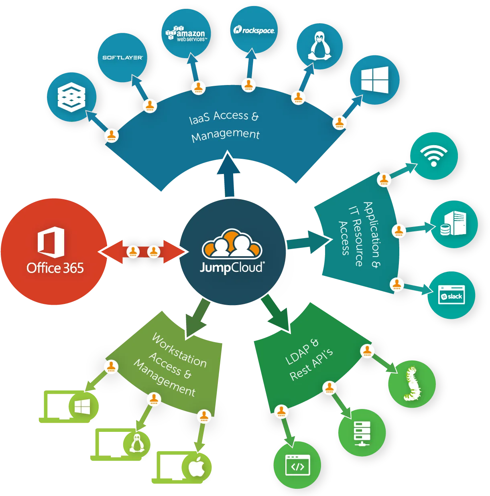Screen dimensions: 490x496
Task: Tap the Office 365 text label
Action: tap(55, 268)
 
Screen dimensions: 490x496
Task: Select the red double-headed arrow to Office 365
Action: tap(143, 252)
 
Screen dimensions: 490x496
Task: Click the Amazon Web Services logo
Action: tap(186, 33)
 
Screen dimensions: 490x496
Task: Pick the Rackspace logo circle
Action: tap(254, 30)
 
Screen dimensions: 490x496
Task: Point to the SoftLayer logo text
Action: tap(123, 57)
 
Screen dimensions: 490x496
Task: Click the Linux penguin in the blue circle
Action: tap(319, 46)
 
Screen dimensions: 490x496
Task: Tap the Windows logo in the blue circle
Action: tap(374, 80)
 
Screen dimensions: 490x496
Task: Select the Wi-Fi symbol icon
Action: tap(433, 156)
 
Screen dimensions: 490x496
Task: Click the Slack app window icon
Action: tap(451, 295)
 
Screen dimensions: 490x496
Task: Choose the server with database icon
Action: tap(453, 223)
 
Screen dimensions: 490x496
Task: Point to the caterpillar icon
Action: tap(412, 384)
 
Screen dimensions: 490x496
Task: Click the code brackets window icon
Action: tap(297, 466)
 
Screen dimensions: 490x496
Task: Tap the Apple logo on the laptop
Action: tap(197, 466)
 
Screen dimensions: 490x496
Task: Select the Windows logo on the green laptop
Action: tap(82, 407)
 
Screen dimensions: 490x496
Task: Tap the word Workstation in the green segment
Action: tap(179, 350)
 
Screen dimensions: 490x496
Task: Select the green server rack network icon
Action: tap(362, 434)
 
